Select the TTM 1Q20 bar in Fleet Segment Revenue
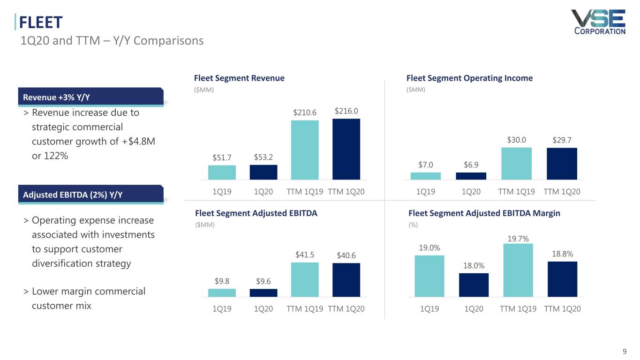[346, 149]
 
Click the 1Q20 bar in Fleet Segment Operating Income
[471, 176]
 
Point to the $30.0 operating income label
[516, 140]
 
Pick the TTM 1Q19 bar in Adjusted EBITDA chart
[305, 279]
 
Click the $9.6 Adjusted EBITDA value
[264, 281]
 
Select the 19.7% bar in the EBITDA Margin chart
[518, 270]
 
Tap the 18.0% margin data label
[474, 265]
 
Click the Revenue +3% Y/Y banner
[91, 97]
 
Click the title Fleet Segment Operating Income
[469, 78]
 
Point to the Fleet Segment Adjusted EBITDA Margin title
[484, 213]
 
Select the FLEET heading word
[41, 22]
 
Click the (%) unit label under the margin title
[413, 225]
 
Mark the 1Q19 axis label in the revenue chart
[222, 192]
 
